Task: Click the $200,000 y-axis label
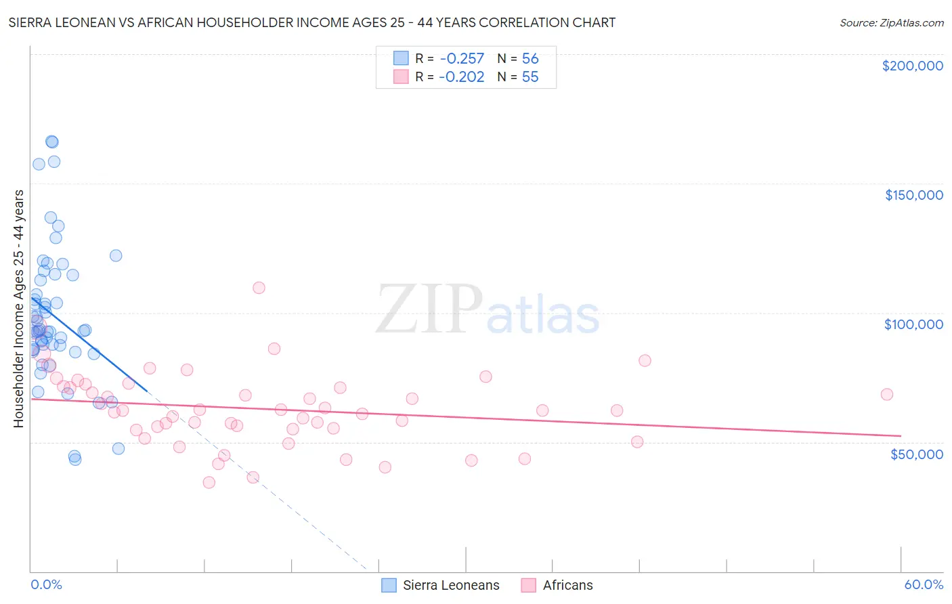pyautogui.click(x=912, y=66)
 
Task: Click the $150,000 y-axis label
pyautogui.click(x=913, y=195)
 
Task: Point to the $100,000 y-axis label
pyautogui.click(x=913, y=324)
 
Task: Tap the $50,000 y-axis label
pyautogui.click(x=916, y=454)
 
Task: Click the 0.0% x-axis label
pyautogui.click(x=46, y=584)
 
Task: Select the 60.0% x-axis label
pyautogui.click(x=924, y=584)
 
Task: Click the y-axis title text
pyautogui.click(x=18, y=309)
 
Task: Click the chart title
pyautogui.click(x=312, y=22)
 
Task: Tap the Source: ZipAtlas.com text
pyautogui.click(x=891, y=22)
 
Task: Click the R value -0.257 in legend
pyautogui.click(x=461, y=59)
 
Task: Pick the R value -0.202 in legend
pyautogui.click(x=461, y=77)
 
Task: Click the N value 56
pyautogui.click(x=530, y=59)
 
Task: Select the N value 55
pyautogui.click(x=530, y=77)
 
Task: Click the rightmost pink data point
pyautogui.click(x=886, y=394)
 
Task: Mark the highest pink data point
pyautogui.click(x=259, y=288)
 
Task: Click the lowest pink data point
pyautogui.click(x=209, y=482)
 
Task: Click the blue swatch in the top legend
pyautogui.click(x=402, y=58)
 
